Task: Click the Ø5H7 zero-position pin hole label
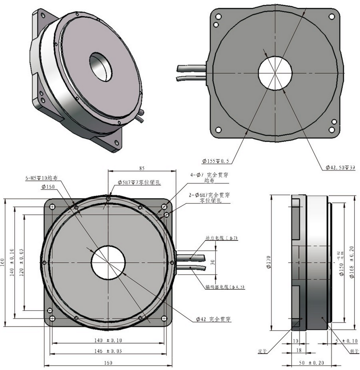pos(139,183)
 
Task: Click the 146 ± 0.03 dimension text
pos(108,351)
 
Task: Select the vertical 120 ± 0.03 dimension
pos(21,262)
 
